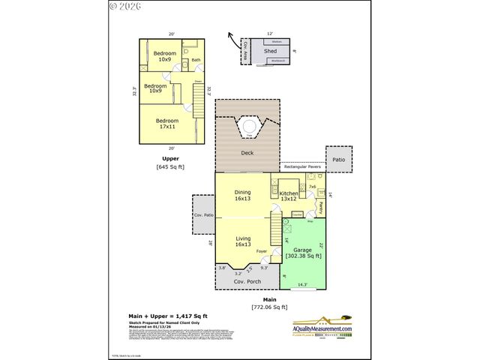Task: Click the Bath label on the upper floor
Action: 196,60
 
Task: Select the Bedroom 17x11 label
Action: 167,124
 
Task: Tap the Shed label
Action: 270,51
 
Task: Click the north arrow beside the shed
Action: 235,39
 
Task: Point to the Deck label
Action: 247,153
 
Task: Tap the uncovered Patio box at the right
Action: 339,159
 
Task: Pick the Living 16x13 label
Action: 242,242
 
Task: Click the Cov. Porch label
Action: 246,281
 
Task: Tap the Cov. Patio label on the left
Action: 203,215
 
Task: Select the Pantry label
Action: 319,206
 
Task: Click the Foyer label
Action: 262,251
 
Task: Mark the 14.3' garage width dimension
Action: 302,284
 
